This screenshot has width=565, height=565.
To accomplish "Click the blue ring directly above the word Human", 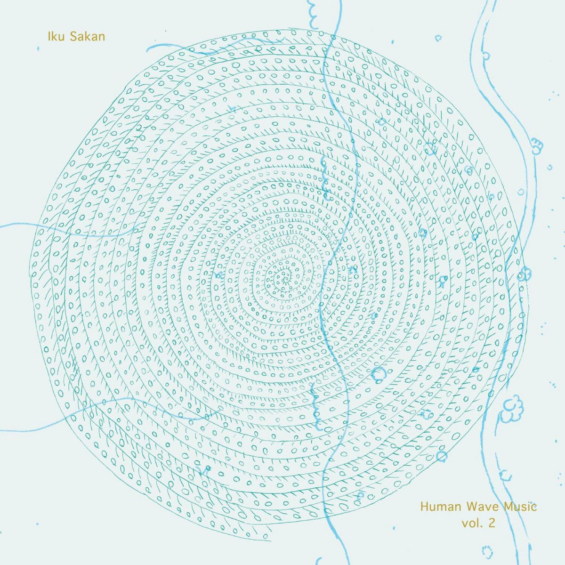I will [441, 456].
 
